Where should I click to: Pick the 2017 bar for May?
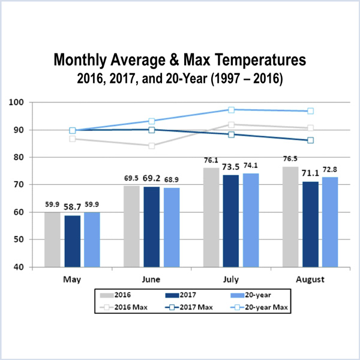click(x=73, y=241)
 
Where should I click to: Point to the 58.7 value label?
click(x=73, y=206)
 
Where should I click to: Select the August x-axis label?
click(x=310, y=280)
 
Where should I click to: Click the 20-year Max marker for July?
click(x=232, y=110)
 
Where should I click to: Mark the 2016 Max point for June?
click(x=152, y=146)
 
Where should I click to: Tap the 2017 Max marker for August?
click(x=310, y=140)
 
